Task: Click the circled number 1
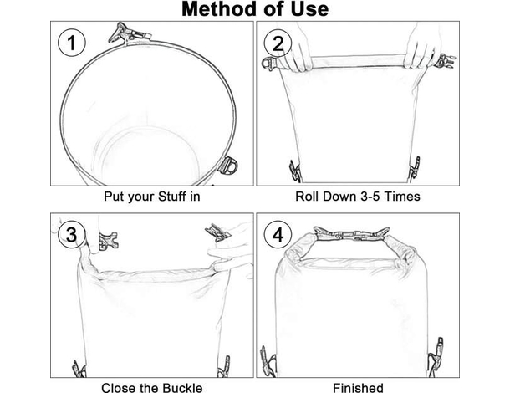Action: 72,43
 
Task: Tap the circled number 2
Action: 278,43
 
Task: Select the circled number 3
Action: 72,235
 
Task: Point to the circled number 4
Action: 278,235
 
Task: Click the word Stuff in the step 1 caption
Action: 170,196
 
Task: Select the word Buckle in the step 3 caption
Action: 182,387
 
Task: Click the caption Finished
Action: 358,387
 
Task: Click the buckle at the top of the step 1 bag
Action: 130,33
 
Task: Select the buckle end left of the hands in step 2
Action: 269,63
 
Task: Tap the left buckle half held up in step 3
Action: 108,241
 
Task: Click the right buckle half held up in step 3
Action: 217,232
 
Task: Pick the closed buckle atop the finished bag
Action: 351,235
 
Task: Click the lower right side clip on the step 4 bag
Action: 436,357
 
